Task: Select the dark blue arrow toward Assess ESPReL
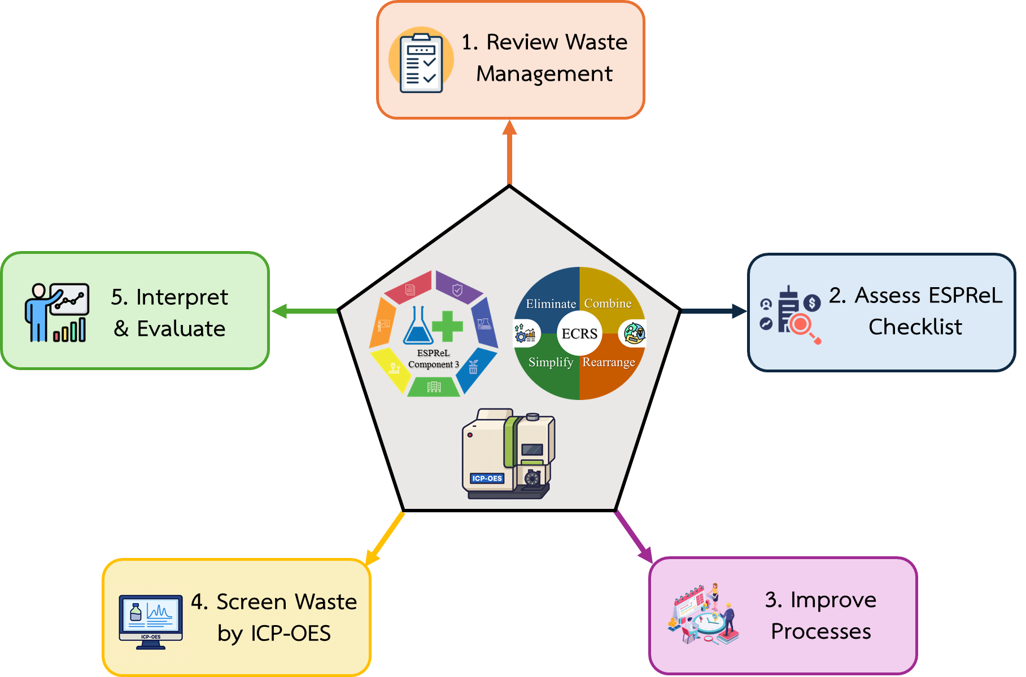(714, 311)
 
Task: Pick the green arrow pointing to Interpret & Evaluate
(304, 311)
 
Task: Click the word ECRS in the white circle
(579, 333)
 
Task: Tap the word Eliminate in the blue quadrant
(551, 304)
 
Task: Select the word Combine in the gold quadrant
(608, 304)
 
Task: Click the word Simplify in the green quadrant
(551, 362)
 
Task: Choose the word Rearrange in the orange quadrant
(609, 362)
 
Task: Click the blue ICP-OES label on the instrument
(487, 478)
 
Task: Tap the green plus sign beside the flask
(447, 326)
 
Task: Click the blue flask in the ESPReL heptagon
(418, 327)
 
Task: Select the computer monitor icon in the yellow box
(151, 619)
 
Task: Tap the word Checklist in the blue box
(915, 327)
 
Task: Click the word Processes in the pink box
(820, 631)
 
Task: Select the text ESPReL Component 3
(433, 359)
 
